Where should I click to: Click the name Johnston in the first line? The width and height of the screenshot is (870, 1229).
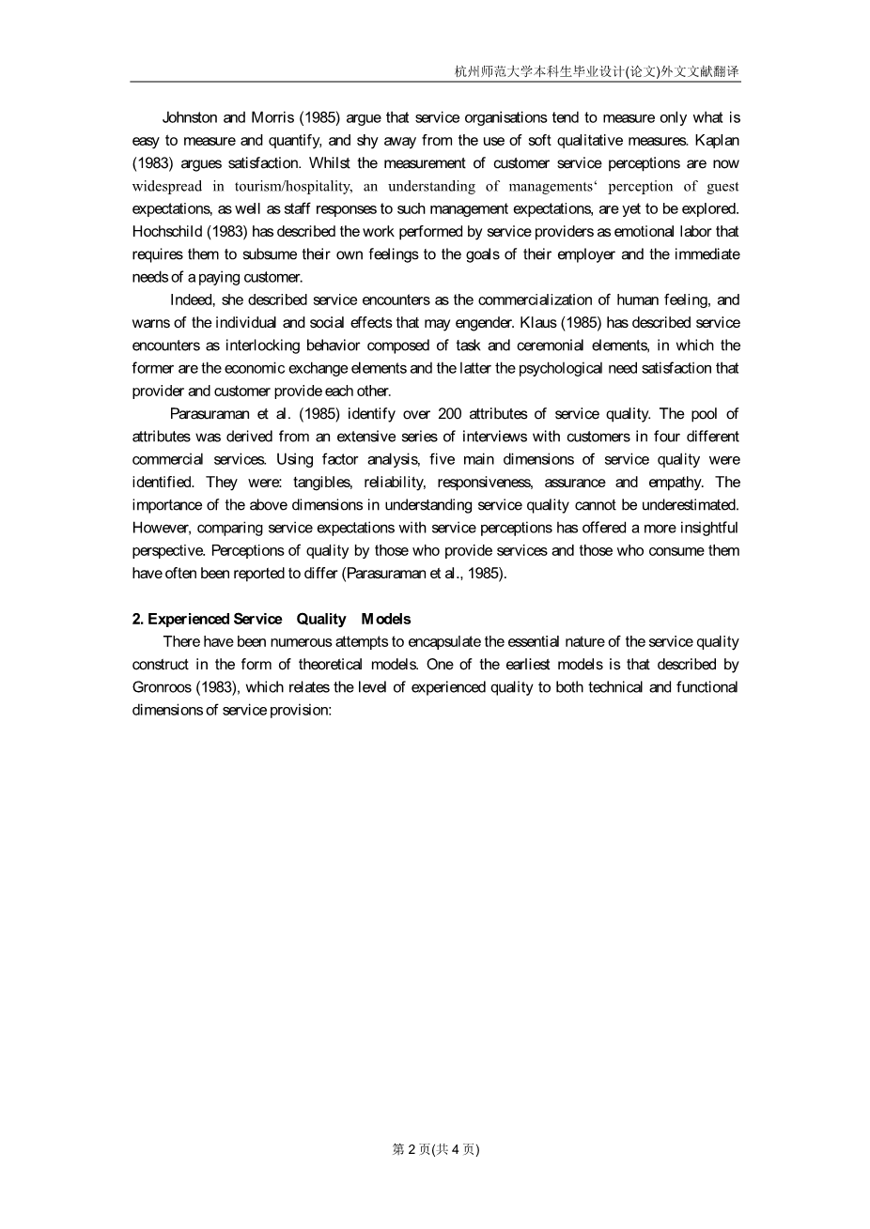pyautogui.click(x=190, y=117)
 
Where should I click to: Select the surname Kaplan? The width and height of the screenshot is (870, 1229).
pyautogui.click(x=717, y=140)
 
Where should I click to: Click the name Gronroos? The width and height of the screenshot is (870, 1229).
pyautogui.click(x=162, y=686)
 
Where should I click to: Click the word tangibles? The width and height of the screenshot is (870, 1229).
pyautogui.click(x=322, y=482)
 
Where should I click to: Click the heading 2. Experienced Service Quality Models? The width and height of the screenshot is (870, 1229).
pyautogui.click(x=272, y=619)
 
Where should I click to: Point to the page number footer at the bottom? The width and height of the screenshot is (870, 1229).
pyautogui.click(x=435, y=1149)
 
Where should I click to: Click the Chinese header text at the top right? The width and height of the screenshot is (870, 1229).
pyautogui.click(x=597, y=71)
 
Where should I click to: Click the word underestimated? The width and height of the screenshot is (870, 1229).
pyautogui.click(x=691, y=504)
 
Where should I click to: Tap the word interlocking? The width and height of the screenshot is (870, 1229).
pyautogui.click(x=262, y=345)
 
